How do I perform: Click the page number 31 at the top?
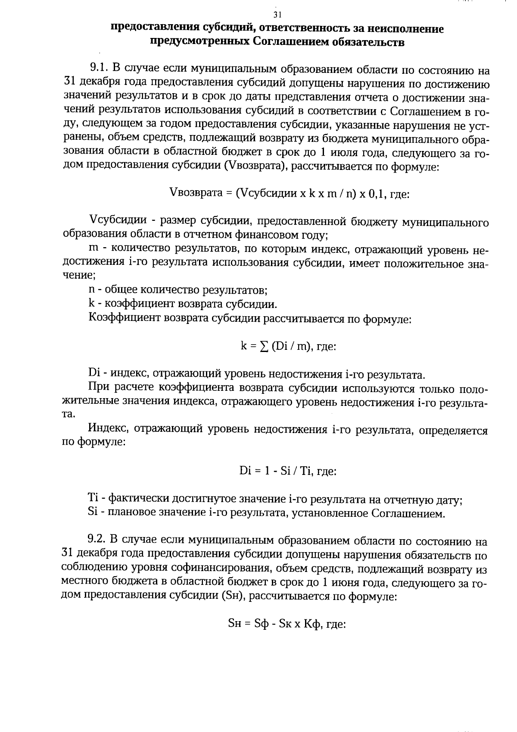coord(277,15)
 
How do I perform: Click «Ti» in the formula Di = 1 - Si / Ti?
coord(305,471)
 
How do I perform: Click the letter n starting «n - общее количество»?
coord(91,289)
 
